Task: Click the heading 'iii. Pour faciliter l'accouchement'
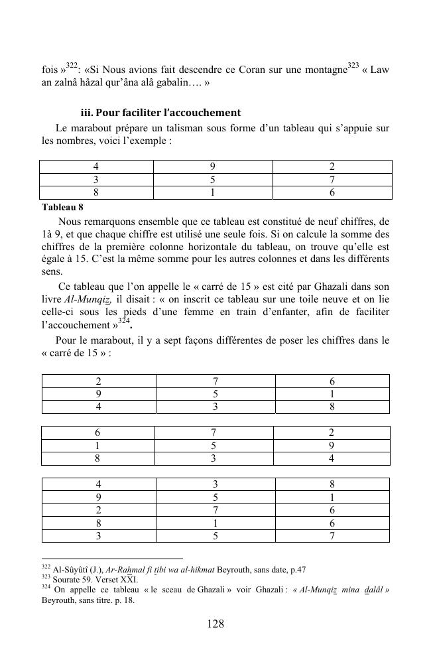[160, 113]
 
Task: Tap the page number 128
[215, 624]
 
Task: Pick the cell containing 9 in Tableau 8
[212, 167]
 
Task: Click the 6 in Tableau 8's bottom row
[332, 193]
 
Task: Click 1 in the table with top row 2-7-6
[332, 394]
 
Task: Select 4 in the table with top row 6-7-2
[332, 458]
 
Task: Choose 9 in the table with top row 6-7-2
[332, 446]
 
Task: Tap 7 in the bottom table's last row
[332, 536]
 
